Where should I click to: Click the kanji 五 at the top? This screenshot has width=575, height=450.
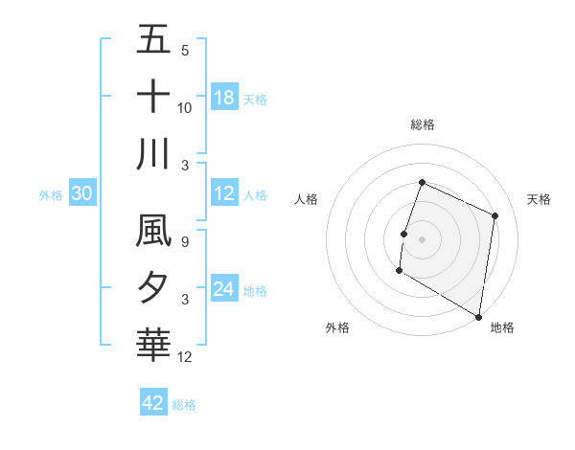click(x=154, y=39)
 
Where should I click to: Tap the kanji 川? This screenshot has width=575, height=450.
click(x=154, y=152)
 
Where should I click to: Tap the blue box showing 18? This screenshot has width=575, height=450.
click(x=224, y=97)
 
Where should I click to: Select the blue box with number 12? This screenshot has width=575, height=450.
click(x=224, y=194)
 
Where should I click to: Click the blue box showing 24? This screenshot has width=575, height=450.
click(x=224, y=289)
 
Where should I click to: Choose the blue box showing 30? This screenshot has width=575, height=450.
click(x=82, y=194)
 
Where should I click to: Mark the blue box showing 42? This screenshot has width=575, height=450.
click(x=153, y=403)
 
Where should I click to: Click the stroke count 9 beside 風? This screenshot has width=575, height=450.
click(x=185, y=243)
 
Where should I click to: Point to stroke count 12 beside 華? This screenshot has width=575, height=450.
click(x=185, y=357)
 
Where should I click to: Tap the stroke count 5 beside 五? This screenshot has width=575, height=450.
click(x=185, y=51)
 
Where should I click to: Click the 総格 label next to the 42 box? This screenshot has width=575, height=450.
click(x=184, y=405)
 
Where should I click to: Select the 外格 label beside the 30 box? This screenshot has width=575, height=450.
click(x=51, y=195)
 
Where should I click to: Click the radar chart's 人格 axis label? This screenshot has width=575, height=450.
click(x=307, y=199)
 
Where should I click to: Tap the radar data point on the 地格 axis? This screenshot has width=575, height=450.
click(x=477, y=315)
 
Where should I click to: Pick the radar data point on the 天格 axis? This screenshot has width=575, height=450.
click(x=495, y=215)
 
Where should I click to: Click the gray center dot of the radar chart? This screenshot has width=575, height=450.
click(x=422, y=238)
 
